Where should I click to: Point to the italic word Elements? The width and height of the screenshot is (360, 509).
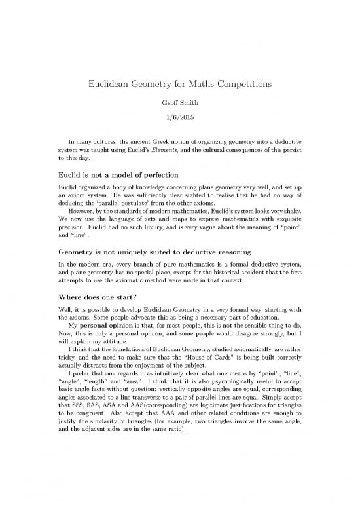point(170,150)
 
